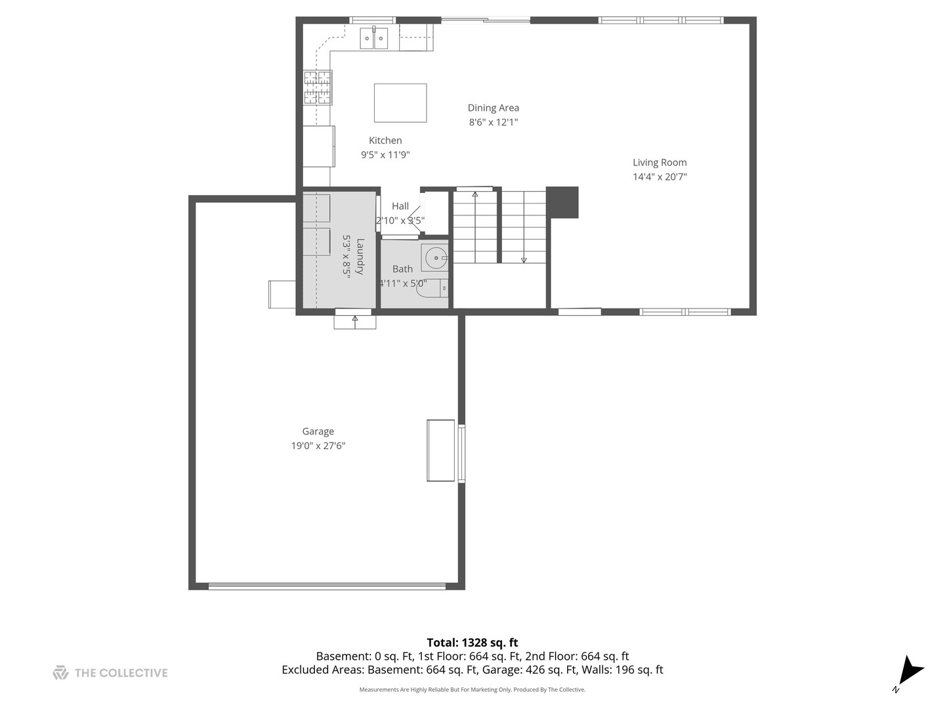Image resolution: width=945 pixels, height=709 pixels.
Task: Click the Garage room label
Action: (318, 431)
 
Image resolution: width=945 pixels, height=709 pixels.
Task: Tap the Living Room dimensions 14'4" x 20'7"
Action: (660, 177)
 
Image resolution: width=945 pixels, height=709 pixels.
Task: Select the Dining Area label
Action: (493, 108)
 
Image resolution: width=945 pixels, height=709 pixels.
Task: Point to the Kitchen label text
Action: (385, 140)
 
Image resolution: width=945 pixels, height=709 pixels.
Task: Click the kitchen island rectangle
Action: (400, 103)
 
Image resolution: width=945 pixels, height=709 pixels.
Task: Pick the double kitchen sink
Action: (373, 38)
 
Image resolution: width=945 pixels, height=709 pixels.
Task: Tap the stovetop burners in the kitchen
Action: (318, 88)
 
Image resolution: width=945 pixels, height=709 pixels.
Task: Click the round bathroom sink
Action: (435, 257)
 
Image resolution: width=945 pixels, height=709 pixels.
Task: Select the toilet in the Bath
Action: (432, 288)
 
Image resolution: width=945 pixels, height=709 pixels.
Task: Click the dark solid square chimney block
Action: (562, 202)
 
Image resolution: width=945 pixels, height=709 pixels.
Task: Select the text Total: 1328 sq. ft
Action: (472, 642)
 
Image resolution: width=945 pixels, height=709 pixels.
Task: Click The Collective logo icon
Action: (60, 673)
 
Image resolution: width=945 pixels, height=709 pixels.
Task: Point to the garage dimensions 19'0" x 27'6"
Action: (318, 446)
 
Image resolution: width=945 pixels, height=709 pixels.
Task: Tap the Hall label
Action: (400, 205)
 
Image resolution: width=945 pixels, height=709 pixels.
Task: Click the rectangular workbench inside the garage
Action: (441, 450)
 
